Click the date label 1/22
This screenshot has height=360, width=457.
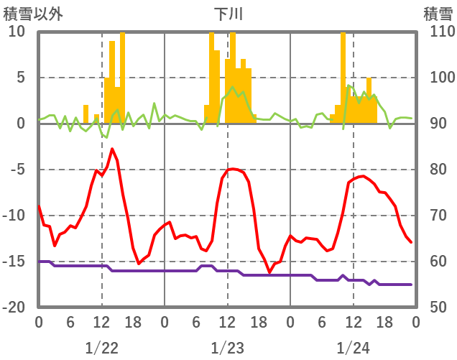101,348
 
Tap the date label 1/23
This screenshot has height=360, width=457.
227,348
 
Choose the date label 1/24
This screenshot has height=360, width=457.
353,348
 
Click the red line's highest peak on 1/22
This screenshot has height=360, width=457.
112,149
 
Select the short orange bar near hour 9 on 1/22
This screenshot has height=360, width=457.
86,114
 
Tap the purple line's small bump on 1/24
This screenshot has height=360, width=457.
343,275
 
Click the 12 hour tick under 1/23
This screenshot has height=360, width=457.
227,323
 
